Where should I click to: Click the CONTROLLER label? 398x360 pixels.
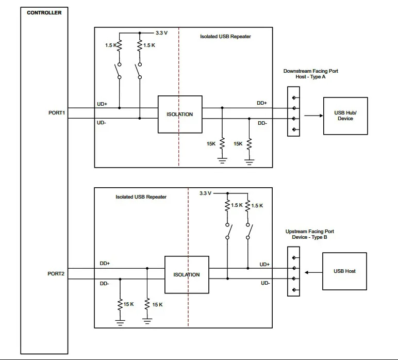(x=44, y=13)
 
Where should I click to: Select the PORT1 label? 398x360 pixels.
(x=57, y=113)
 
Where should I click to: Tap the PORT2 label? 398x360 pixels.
(x=56, y=274)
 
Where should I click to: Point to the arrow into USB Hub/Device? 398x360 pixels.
(x=314, y=116)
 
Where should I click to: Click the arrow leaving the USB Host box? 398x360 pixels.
(x=313, y=272)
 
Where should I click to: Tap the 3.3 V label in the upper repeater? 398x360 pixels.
(x=161, y=33)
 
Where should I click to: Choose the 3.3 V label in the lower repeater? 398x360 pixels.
(x=205, y=193)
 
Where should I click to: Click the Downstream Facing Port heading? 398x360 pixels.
(x=311, y=71)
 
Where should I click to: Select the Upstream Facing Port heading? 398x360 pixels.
(x=310, y=232)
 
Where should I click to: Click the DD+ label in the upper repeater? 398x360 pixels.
(x=262, y=103)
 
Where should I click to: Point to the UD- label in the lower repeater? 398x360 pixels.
(x=266, y=283)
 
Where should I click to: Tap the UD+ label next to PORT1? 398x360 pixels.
(x=102, y=104)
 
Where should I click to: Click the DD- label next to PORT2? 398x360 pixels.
(x=104, y=284)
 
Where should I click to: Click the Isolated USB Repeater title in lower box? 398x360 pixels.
(x=141, y=197)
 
